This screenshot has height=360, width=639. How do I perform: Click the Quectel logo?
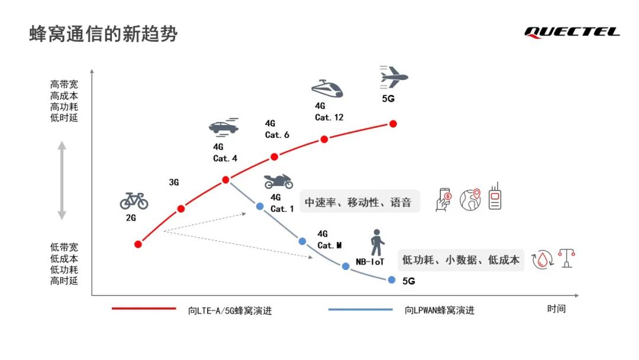[572, 32]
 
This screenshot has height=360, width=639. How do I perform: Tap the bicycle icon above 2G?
[134, 201]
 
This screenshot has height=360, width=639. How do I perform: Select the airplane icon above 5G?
[393, 77]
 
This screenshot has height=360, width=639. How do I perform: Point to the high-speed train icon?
[327, 88]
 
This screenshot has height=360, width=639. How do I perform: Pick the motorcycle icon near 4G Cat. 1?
[279, 181]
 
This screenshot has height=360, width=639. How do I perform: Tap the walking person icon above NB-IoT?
[377, 242]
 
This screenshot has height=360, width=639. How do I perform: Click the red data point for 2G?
[138, 244]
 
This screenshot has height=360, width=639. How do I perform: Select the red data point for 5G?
[393, 124]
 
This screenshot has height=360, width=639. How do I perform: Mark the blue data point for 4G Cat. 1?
[260, 206]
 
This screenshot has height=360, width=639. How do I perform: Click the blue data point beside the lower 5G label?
[392, 280]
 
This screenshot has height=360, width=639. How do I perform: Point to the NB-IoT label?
[370, 262]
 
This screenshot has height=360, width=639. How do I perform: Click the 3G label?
[174, 182]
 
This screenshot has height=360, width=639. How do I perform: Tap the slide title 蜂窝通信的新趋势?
[104, 34]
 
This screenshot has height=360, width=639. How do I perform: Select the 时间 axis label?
[556, 308]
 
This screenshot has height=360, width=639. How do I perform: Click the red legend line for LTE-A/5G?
[144, 308]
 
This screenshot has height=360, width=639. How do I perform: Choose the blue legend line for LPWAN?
[360, 310]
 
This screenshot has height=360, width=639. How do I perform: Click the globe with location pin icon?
[470, 200]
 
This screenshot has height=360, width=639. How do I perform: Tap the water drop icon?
[543, 260]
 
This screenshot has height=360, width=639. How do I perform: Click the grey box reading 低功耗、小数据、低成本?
[460, 260]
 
